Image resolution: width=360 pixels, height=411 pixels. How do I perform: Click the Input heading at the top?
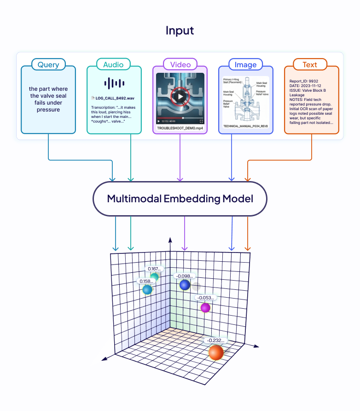coord(180,31)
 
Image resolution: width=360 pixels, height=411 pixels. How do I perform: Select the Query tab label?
coord(48,65)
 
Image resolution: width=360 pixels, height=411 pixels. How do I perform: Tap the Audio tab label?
coord(113,65)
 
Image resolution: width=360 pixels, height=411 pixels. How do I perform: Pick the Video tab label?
coord(180,65)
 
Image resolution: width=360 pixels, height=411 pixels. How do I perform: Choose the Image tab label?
coord(245,65)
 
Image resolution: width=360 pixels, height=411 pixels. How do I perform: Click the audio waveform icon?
coord(114,83)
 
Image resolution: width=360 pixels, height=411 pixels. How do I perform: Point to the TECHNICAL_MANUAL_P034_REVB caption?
coord(246,125)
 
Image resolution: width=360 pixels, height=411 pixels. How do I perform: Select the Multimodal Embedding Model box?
coord(180,199)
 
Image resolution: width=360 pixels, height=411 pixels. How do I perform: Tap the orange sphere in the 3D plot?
coord(216,352)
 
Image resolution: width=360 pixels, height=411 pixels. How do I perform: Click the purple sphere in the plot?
coord(205,307)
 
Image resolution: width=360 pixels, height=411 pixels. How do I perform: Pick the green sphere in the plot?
coord(154,277)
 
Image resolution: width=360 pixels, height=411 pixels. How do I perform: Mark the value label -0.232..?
coord(216,341)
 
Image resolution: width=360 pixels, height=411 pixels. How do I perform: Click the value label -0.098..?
coord(185,276)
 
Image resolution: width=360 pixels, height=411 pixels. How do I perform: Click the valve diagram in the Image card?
coord(246,99)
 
